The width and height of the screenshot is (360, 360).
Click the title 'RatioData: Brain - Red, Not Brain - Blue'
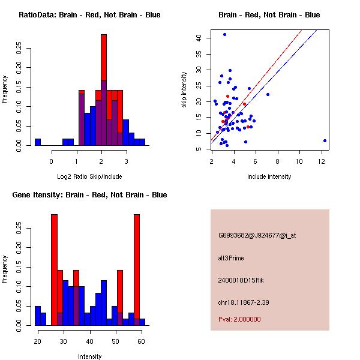(x=89, y=15)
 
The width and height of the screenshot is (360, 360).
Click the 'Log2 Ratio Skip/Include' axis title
(x=89, y=176)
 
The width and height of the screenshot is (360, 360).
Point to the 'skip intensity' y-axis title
(x=184, y=90)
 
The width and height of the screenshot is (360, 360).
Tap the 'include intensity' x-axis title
(x=269, y=176)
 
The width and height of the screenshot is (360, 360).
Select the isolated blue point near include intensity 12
(x=325, y=140)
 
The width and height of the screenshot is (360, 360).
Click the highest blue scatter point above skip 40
(x=224, y=34)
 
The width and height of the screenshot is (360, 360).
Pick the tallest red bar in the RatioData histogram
(x=104, y=57)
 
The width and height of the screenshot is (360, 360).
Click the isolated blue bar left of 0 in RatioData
(x=38, y=142)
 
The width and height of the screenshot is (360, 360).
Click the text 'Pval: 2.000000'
(x=239, y=319)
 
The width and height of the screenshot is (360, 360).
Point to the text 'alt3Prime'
(x=231, y=258)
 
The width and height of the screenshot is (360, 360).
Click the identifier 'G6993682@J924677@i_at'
(x=257, y=235)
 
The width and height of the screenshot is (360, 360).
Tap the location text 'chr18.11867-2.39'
(x=243, y=302)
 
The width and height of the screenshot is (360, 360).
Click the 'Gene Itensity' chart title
(x=89, y=195)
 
